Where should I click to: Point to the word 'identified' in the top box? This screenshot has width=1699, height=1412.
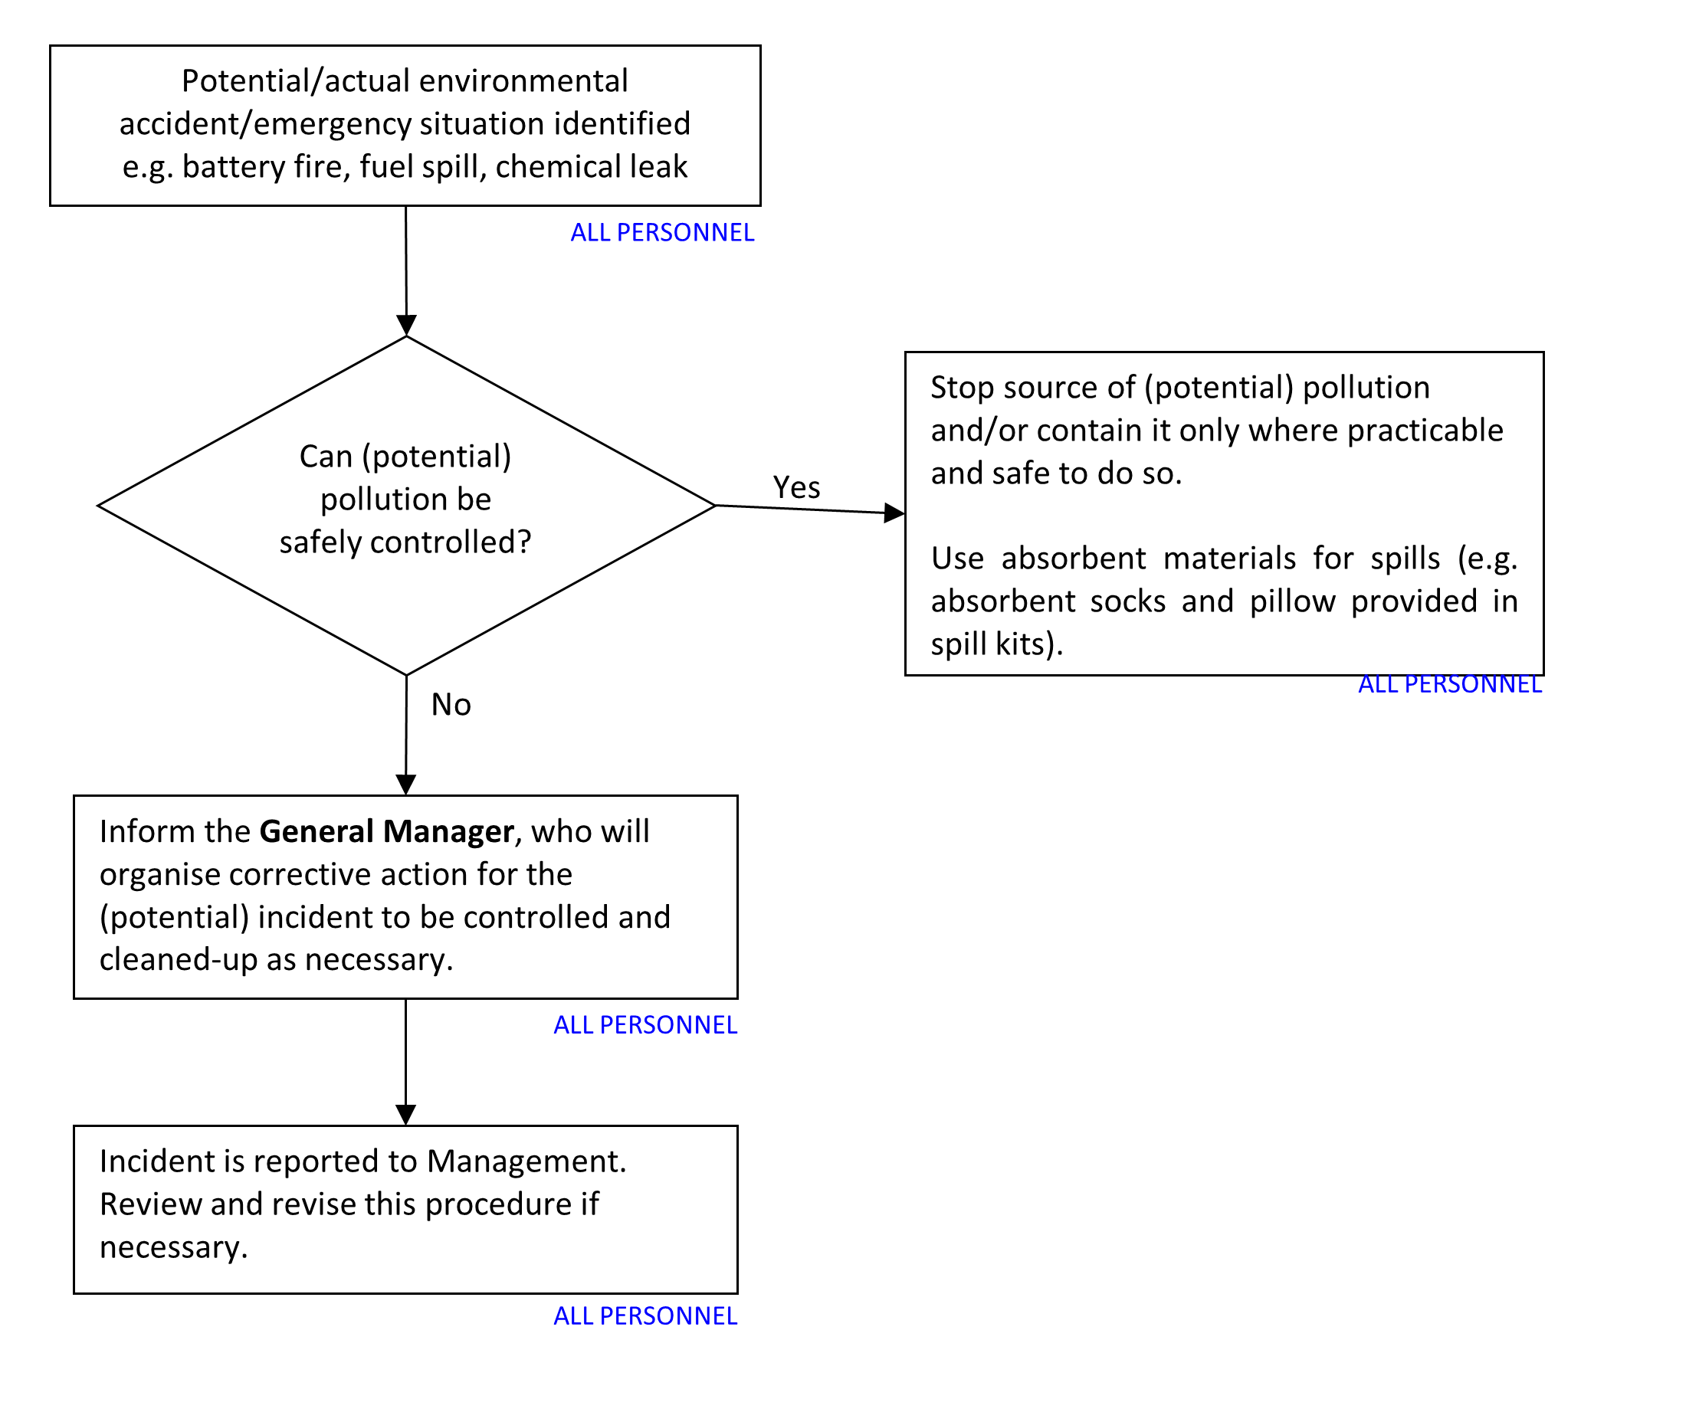pyautogui.click(x=622, y=125)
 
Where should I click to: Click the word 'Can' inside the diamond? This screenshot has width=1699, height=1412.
pyautogui.click(x=326, y=457)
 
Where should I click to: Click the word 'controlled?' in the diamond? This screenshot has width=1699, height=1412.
pyautogui.click(x=451, y=542)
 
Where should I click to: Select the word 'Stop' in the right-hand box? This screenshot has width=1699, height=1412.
pyautogui.click(x=962, y=388)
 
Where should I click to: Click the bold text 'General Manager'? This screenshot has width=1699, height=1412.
pyautogui.click(x=387, y=832)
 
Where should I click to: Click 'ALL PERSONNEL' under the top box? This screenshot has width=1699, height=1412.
pyautogui.click(x=663, y=233)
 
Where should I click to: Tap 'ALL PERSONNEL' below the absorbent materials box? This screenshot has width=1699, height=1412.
pyautogui.click(x=1450, y=685)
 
